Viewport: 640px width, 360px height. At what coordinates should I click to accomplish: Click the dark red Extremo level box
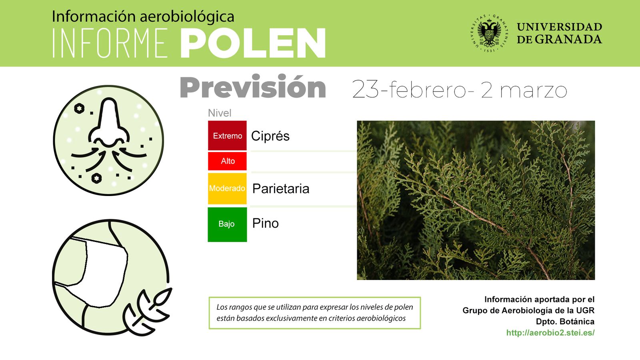click(x=227, y=136)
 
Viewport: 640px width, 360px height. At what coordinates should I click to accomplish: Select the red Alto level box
click(x=227, y=161)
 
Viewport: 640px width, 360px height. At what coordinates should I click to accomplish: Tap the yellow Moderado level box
click(x=227, y=188)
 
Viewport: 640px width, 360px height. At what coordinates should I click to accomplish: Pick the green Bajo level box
click(x=227, y=224)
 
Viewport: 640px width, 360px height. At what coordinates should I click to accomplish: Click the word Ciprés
click(x=270, y=136)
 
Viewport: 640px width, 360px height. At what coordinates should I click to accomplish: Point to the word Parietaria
click(x=281, y=188)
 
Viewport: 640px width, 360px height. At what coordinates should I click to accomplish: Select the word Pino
click(x=265, y=223)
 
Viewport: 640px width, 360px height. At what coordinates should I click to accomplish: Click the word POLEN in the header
click(x=253, y=43)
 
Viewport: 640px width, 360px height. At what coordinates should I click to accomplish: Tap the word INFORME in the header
click(x=110, y=43)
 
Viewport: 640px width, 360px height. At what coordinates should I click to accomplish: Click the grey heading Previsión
click(x=253, y=88)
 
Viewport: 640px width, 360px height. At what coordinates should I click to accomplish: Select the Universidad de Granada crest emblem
click(x=489, y=34)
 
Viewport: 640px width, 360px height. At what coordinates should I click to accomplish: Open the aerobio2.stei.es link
click(x=550, y=332)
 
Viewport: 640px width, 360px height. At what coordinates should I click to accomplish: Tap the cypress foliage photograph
click(x=476, y=200)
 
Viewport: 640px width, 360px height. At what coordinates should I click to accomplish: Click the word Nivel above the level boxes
click(x=220, y=113)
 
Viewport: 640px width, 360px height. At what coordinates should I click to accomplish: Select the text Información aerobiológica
click(x=143, y=16)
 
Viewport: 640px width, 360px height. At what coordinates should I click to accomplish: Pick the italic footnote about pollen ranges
click(x=314, y=313)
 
